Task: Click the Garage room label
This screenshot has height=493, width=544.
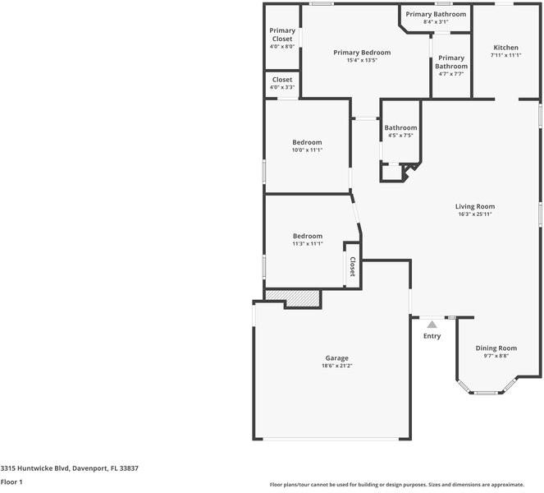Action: point(336,358)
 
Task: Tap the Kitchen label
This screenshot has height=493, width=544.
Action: point(505,47)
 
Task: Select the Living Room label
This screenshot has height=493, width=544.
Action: point(475,206)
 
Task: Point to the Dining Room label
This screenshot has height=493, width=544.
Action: point(496,348)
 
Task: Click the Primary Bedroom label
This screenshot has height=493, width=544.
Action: point(361,52)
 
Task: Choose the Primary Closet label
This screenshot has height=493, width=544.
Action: point(281,35)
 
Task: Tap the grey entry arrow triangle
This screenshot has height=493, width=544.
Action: point(432,325)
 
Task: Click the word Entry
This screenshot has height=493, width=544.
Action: point(432,336)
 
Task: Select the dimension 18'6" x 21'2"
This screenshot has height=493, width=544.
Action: point(336,366)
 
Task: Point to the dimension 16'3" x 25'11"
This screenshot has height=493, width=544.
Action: point(475,214)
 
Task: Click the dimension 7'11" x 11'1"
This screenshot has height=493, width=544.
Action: point(505,55)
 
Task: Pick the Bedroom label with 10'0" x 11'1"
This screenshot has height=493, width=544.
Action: point(307,142)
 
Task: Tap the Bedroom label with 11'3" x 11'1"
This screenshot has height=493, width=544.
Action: point(307,236)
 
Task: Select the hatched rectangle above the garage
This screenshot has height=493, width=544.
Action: point(291,296)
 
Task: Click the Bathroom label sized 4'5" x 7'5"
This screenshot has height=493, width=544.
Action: point(400,127)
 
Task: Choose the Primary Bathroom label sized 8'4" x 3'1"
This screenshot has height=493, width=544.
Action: point(436,14)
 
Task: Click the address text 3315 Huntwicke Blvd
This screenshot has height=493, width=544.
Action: point(69,468)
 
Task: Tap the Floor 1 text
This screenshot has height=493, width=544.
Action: point(11,481)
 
